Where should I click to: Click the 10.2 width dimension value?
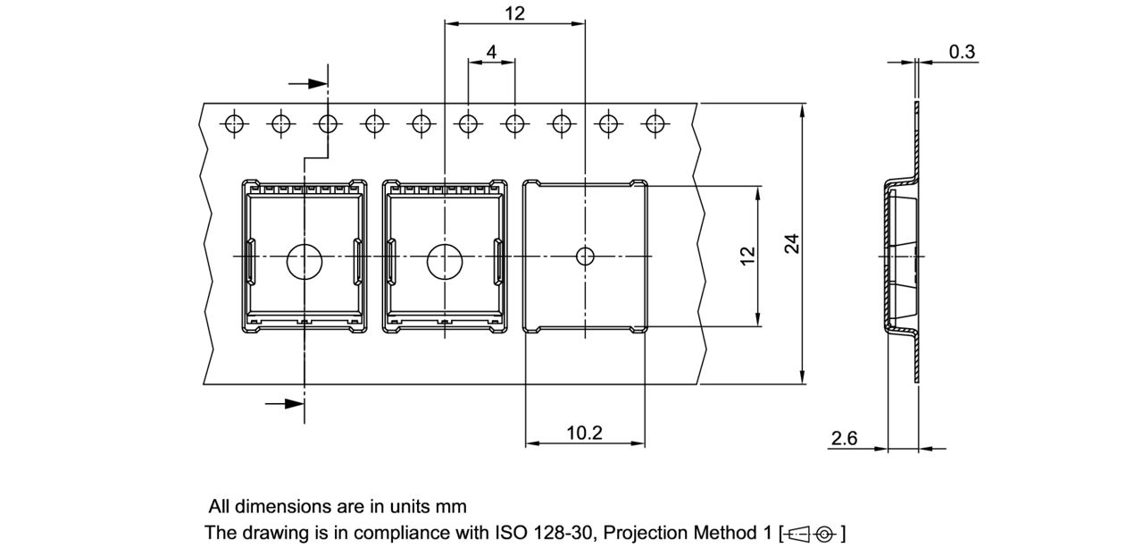coord(584,433)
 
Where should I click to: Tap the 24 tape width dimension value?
coord(791,243)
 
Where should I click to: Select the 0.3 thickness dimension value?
coord(961,52)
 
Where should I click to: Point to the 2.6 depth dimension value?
coord(844,438)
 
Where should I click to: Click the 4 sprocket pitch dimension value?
coord(491,52)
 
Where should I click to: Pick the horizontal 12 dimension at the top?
coord(514,13)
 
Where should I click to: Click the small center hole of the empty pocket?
coord(584,257)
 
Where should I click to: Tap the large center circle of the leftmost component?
coord(304,262)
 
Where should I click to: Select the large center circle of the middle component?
coord(444,262)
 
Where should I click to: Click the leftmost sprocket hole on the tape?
coord(234,124)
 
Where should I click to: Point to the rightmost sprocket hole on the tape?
coord(656,124)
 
